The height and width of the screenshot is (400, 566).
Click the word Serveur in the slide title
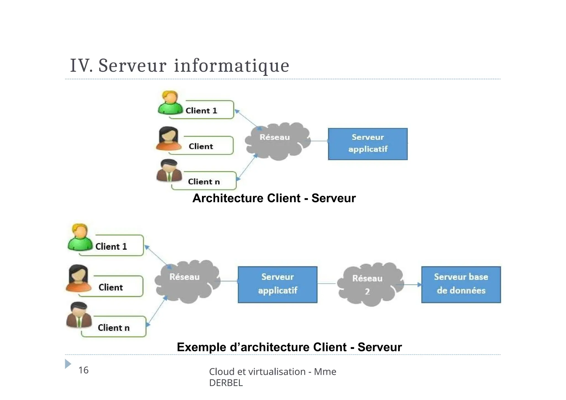[132, 66]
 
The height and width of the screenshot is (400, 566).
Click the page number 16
[83, 370]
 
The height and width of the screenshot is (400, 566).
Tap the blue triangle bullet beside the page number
[68, 364]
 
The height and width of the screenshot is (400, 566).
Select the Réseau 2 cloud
[370, 285]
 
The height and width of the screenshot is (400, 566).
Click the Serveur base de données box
[461, 284]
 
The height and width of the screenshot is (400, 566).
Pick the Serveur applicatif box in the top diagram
[368, 144]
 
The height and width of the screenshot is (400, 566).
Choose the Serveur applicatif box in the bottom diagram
[277, 284]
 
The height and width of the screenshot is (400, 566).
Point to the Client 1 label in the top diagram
[201, 110]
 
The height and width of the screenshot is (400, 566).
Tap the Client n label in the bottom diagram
[114, 328]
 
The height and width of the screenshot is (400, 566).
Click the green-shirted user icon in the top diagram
[170, 103]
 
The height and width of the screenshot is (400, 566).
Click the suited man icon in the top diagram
[169, 170]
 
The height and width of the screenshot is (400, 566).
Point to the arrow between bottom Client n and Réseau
[157, 310]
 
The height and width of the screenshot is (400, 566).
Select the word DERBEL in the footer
[226, 383]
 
